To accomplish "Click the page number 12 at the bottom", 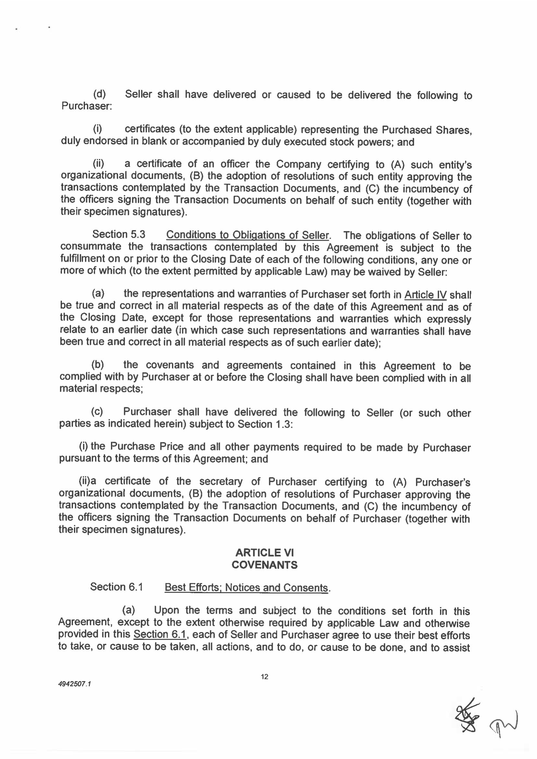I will click(265, 677).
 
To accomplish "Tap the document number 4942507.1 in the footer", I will click(74, 684).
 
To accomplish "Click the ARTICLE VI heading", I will click(265, 553).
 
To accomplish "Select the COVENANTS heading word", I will click(265, 565).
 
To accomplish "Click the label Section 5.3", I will click(119, 234).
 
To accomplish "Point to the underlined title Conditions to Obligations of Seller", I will click(248, 235).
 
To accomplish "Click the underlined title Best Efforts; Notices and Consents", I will click(246, 588).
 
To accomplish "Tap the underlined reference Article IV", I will click(425, 294).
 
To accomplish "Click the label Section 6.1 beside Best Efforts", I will click(116, 587).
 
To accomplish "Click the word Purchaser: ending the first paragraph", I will click(87, 106).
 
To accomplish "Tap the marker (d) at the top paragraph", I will click(99, 94).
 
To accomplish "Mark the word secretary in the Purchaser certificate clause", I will click(221, 482).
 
